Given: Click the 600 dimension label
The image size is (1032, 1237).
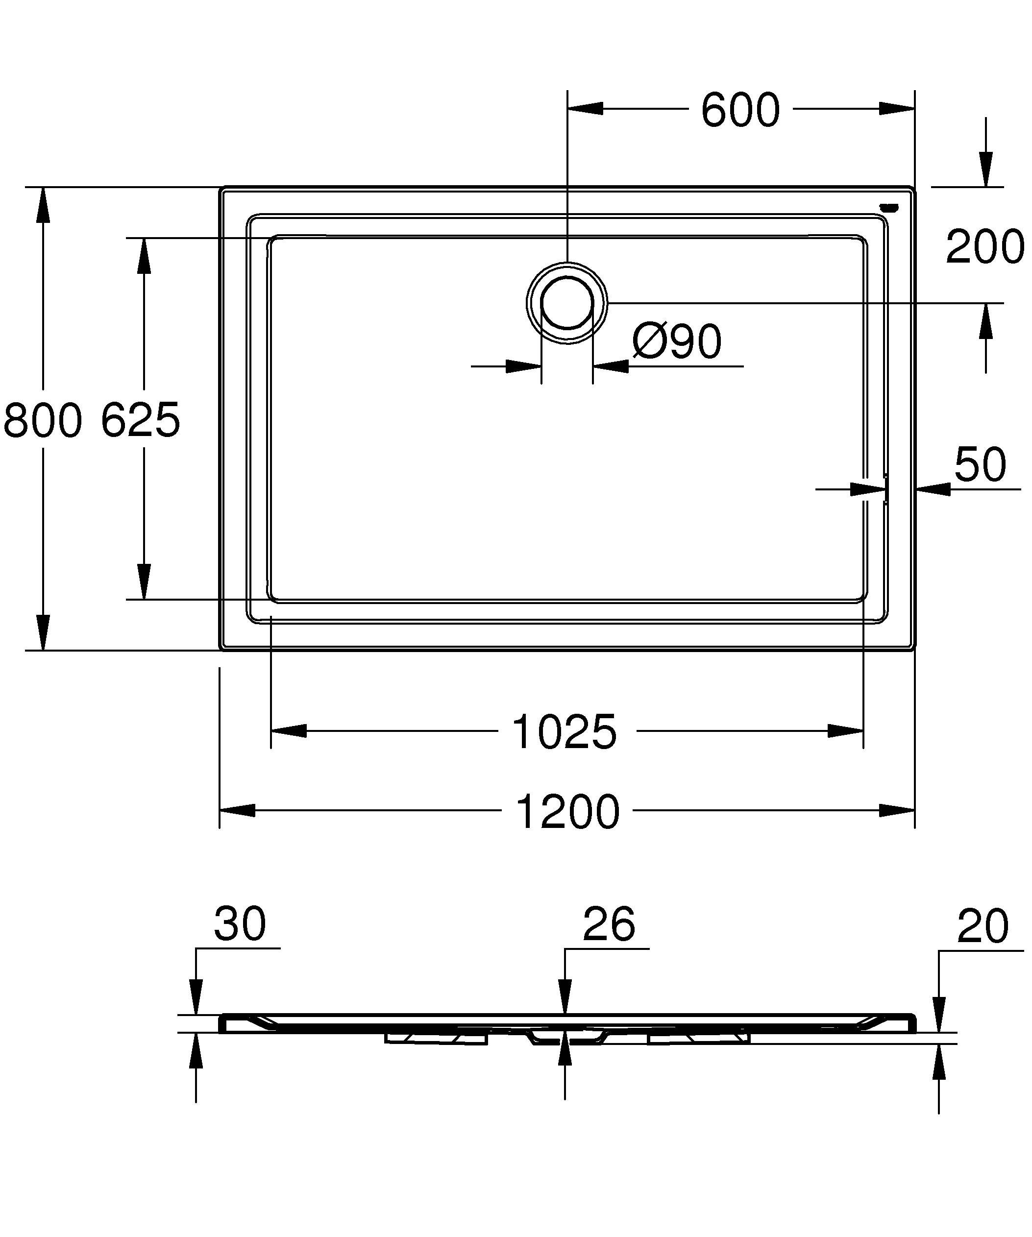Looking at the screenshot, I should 740,110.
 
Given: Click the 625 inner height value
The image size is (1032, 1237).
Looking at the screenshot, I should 140,420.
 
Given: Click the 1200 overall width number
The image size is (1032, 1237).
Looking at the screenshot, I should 567,812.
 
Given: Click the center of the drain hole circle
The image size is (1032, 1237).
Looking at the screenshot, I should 566,302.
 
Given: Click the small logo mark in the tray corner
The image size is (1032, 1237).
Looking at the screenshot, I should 889,207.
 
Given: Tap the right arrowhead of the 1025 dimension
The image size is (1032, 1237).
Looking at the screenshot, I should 846,731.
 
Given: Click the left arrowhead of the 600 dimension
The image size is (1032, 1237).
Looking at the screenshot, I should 586,108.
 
